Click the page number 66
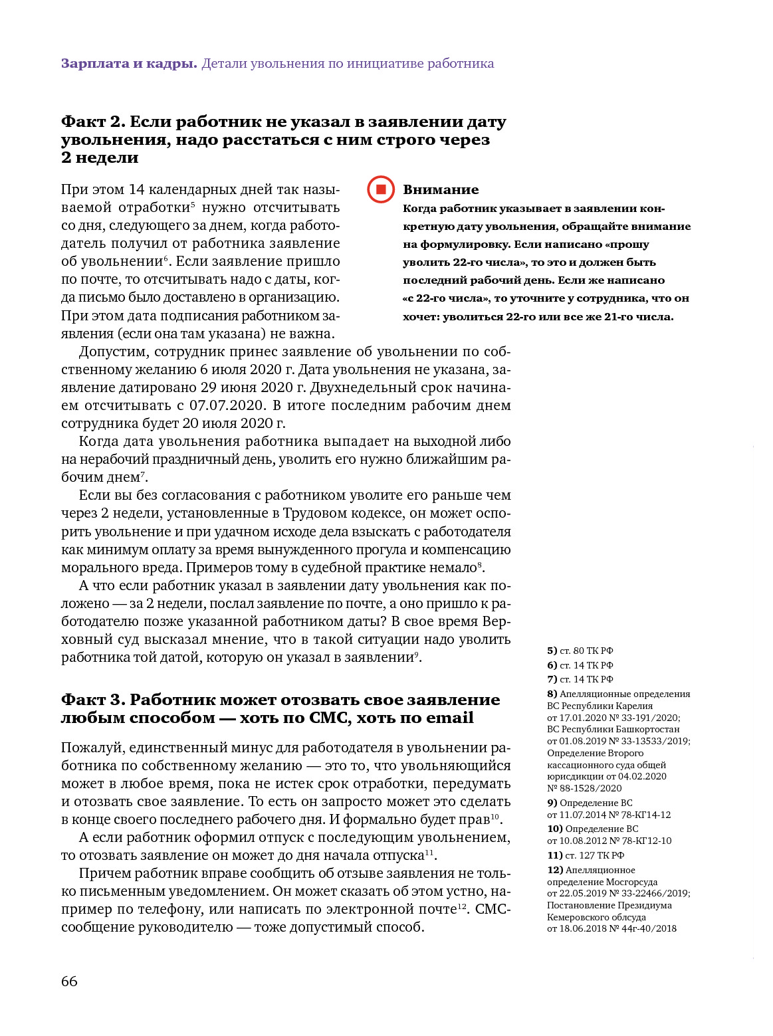point(69,981)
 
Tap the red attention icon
point(381,189)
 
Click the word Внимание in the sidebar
point(440,189)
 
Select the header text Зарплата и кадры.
point(129,64)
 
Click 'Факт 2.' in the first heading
point(93,122)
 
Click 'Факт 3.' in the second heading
point(93,700)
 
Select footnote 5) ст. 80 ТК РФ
point(580,651)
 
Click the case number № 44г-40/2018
point(643,928)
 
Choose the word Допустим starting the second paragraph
point(110,352)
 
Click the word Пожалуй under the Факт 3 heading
point(91,748)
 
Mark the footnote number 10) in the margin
point(555,829)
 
